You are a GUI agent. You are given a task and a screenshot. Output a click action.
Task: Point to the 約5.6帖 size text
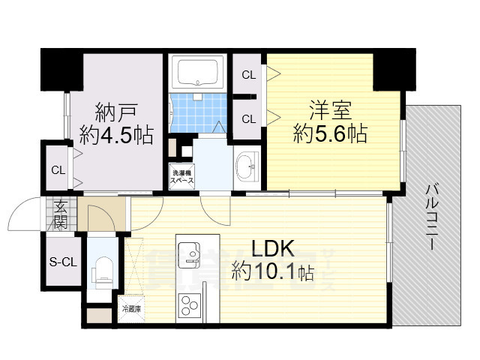330,135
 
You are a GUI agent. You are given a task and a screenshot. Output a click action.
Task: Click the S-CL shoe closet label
63,262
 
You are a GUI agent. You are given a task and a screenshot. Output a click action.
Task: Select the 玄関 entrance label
60,216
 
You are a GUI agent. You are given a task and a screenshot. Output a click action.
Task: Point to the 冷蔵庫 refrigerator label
130,308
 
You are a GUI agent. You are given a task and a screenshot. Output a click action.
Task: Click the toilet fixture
103,268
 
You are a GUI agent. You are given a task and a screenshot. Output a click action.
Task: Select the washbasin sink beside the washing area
245,166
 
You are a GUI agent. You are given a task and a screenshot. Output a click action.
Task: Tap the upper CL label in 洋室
247,75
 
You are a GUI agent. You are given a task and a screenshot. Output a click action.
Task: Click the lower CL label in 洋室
247,117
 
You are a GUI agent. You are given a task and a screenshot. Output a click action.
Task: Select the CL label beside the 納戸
58,169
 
